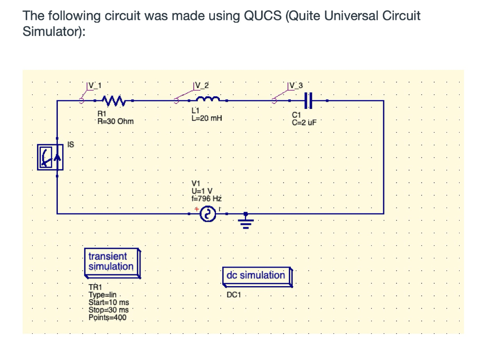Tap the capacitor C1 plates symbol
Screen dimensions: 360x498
(x=307, y=101)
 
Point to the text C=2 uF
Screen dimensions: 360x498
(x=304, y=122)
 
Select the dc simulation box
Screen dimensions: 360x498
(x=256, y=275)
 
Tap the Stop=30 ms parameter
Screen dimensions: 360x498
(x=109, y=310)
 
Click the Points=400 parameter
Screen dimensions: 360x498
(x=107, y=317)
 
